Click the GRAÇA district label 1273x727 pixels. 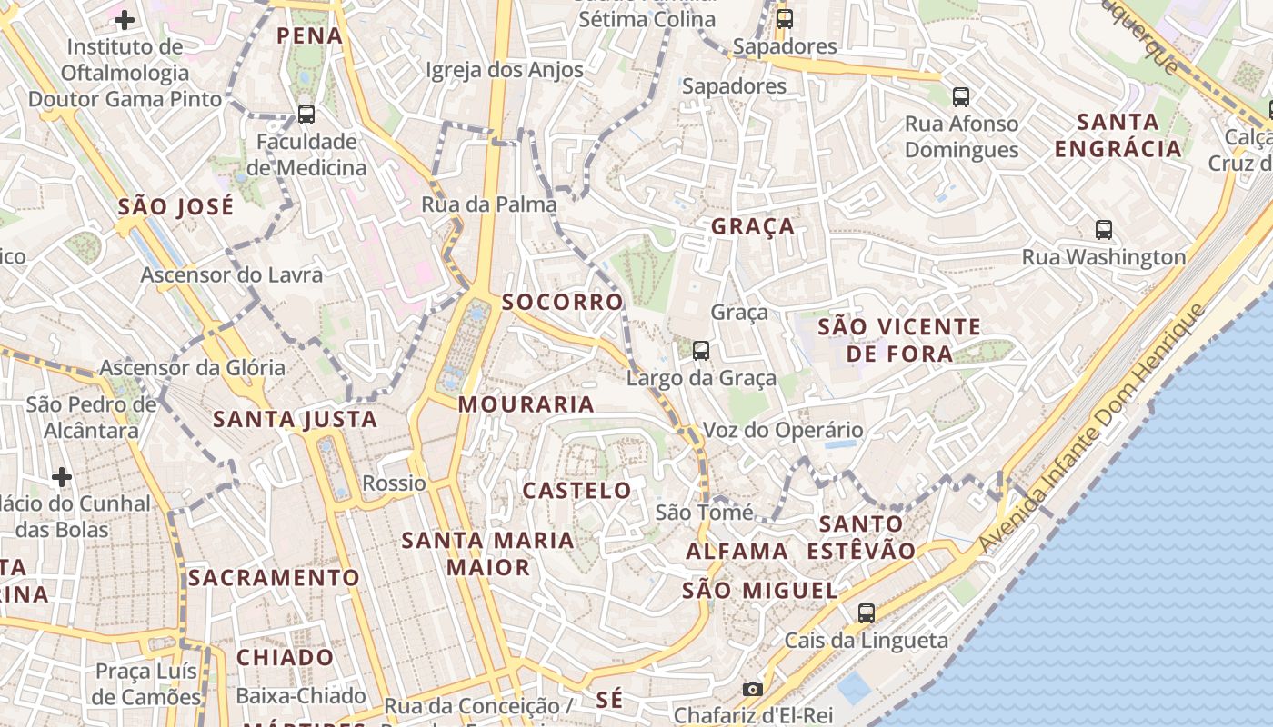point(753,226)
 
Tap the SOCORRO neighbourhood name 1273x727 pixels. point(563,302)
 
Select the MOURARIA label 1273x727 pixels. point(526,404)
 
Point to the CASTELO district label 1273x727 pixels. point(576,491)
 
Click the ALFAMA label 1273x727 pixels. point(737,552)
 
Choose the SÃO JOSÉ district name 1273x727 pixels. point(175,206)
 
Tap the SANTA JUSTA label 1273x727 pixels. point(295,419)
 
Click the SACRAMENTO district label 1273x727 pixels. point(274,578)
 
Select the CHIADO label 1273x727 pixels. point(286,657)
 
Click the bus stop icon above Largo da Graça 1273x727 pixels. point(700,350)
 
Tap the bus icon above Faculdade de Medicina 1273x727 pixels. point(306,115)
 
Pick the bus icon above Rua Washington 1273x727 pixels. point(1104,229)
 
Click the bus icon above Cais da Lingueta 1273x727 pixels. point(867,612)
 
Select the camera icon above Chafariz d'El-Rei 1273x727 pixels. point(752,689)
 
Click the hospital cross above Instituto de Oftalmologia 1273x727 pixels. point(125,19)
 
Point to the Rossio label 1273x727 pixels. point(394,483)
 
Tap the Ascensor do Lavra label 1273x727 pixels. point(231,274)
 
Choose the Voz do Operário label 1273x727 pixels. point(783,430)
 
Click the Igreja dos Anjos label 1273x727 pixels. point(504,70)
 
